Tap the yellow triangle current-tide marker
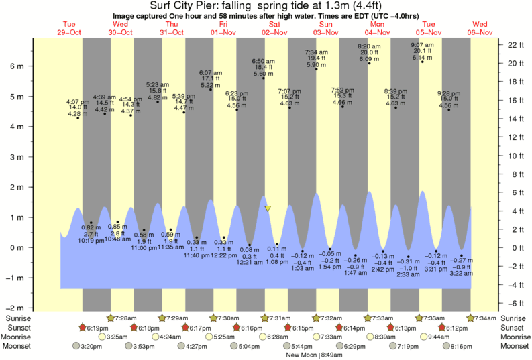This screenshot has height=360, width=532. coord(268,208)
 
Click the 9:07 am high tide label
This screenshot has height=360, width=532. coord(422,45)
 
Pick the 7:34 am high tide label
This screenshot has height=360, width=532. coord(316,52)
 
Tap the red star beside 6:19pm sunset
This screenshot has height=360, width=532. coord(83,327)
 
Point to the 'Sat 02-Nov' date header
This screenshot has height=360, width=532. coord(274,27)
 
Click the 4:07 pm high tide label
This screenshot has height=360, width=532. coord(78,102)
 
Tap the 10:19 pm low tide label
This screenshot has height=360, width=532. coord(91,241)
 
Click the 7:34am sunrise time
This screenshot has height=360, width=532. coord(484,317)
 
